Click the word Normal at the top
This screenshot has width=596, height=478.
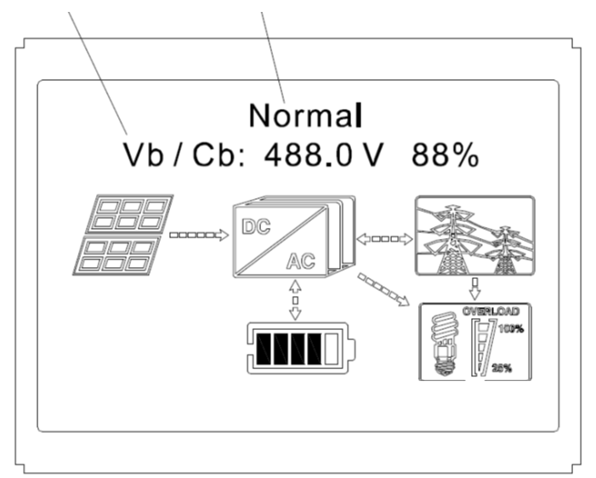click(x=305, y=114)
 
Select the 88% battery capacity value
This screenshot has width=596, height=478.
click(x=445, y=155)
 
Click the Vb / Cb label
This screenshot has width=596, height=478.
click(x=184, y=155)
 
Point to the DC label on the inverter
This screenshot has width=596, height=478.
click(x=256, y=227)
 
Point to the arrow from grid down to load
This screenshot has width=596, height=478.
click(x=474, y=287)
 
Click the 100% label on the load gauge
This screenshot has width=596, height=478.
click(x=510, y=328)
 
